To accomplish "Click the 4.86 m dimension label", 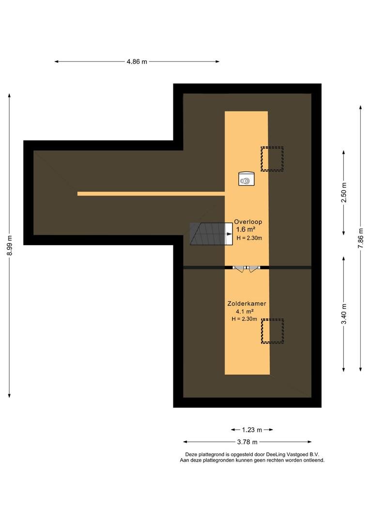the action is click(x=137, y=61).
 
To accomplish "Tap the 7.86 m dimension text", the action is click(x=361, y=238).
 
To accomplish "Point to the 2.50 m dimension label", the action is click(x=344, y=192).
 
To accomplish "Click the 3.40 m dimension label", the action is click(x=344, y=314).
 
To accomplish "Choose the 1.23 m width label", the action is click(x=252, y=430).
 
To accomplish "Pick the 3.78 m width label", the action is click(x=247, y=442).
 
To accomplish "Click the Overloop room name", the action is click(x=248, y=222).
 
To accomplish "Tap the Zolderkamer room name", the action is click(x=247, y=304).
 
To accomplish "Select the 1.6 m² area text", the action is click(x=246, y=230).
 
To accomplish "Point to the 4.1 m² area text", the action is click(x=245, y=312).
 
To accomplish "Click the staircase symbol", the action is click(x=211, y=234).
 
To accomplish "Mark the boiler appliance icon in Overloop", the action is click(x=247, y=179).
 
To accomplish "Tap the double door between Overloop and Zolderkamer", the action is click(x=247, y=268).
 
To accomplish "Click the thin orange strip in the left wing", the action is click(x=151, y=194).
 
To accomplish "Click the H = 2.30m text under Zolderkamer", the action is click(x=245, y=319).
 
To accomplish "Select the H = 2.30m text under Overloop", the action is click(x=249, y=238).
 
